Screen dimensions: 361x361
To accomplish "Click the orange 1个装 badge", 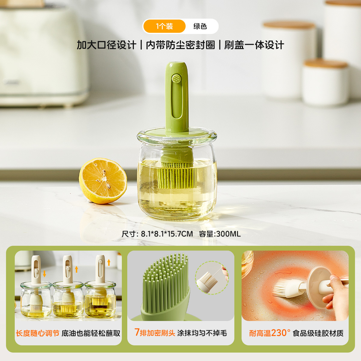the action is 164,26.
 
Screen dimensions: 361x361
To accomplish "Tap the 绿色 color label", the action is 200,26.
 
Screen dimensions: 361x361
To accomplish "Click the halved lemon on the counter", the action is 103,181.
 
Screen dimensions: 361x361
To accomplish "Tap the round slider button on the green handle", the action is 177,79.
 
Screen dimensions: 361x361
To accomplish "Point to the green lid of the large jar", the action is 177,132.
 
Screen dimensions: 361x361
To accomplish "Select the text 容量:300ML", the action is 220,234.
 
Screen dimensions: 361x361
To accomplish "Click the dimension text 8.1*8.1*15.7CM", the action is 167,234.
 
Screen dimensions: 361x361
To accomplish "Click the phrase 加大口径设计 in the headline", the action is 106,45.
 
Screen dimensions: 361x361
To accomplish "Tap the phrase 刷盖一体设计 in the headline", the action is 254,45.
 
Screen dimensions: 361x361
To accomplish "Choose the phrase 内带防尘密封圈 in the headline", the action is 180,45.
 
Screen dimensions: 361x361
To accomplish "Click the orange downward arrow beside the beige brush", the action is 45,274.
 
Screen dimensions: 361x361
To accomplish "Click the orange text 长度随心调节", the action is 38,333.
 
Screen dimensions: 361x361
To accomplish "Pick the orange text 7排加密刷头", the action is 155,333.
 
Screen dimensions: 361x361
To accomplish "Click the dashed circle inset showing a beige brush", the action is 212,278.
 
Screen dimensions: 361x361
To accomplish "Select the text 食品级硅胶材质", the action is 318,333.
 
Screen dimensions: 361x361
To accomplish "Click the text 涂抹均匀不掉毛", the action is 202,333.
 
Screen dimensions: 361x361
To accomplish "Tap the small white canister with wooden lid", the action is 326,82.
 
